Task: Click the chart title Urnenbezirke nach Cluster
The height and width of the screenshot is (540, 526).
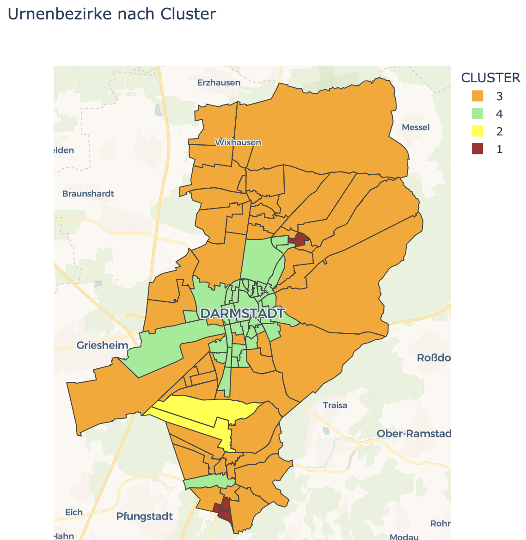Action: coord(112,14)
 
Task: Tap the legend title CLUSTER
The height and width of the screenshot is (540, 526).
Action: coord(491,78)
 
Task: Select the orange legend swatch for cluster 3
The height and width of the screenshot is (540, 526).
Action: coord(477,96)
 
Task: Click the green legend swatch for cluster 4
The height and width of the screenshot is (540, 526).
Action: coord(477,114)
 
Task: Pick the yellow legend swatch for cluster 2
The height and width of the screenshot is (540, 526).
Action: coord(477,131)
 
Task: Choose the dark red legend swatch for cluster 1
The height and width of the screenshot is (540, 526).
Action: coord(477,149)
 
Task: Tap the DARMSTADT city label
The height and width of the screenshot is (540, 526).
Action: coord(243,313)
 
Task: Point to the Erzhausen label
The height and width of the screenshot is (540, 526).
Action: coord(219,83)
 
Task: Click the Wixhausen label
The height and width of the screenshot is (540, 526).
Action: coord(238,142)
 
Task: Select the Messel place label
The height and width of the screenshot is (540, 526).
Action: coord(416,127)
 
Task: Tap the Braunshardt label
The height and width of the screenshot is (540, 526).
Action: coord(88,194)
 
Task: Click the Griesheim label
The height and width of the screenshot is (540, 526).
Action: coord(102,345)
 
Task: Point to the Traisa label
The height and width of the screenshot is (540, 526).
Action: coord(335,405)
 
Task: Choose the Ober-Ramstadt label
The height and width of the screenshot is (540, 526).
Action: coord(414,434)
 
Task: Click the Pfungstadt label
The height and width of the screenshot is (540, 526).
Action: coord(145,516)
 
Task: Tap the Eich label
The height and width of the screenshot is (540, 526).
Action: coord(74,512)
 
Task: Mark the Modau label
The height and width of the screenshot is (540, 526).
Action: coord(404,537)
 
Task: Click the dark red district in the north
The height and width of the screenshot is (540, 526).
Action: coord(299,239)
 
